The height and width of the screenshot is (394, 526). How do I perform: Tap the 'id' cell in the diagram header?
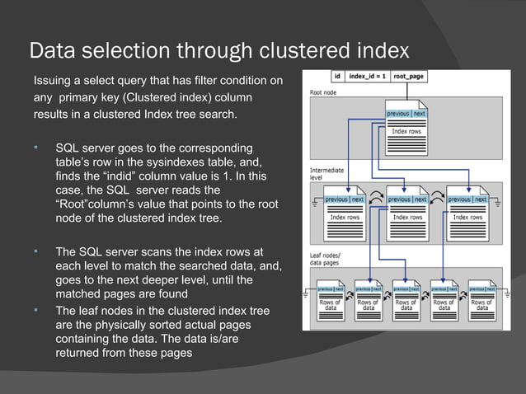(337, 77)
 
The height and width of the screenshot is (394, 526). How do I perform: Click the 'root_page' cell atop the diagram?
(409, 77)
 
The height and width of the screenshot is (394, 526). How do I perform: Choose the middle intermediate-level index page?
(408, 211)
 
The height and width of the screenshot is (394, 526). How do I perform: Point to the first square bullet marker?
(36, 148)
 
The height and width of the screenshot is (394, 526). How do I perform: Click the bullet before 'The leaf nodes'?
(36, 310)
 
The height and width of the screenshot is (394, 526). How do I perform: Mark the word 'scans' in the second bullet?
(157, 251)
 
